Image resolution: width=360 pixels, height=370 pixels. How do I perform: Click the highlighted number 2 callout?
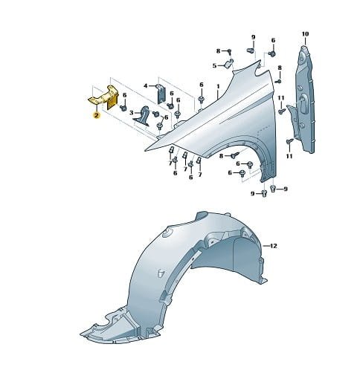[x=96, y=115]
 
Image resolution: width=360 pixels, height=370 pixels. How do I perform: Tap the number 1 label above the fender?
[x=218, y=86]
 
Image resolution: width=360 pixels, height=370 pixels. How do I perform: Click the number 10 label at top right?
[x=305, y=33]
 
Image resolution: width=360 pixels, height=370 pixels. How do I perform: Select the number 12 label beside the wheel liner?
[x=273, y=246]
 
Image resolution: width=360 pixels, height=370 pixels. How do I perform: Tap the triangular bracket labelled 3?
[x=143, y=116]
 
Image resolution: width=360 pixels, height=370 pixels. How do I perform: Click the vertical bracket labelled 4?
[x=161, y=94]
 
